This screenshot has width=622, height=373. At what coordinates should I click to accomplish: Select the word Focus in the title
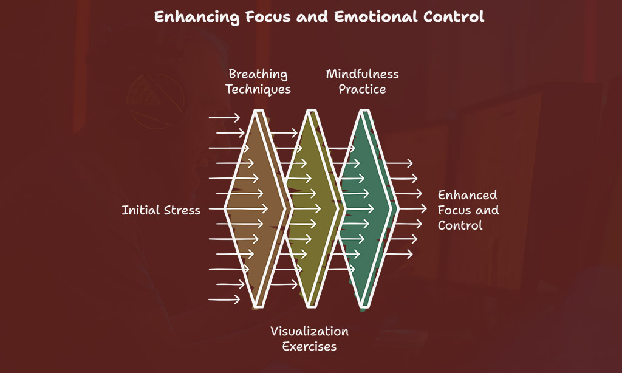tap(268, 16)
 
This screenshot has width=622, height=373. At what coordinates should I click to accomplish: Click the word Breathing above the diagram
tap(258, 75)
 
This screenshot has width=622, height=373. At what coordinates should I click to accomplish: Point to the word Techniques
tap(258, 90)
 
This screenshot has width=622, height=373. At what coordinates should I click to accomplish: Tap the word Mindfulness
tap(362, 74)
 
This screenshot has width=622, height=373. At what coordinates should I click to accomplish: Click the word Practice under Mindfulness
tap(362, 89)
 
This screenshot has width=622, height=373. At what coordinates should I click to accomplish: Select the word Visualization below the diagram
tap(309, 331)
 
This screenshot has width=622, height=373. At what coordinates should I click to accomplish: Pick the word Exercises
tap(309, 346)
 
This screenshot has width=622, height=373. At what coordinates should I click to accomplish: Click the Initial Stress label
tap(161, 210)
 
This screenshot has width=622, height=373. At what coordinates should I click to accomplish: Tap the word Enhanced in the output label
tap(467, 195)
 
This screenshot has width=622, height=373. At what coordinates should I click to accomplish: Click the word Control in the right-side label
tap(460, 225)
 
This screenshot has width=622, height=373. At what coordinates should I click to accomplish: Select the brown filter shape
tap(255, 208)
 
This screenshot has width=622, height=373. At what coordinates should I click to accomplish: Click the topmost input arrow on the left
tap(224, 117)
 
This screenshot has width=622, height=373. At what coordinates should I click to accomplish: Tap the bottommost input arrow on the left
tap(224, 299)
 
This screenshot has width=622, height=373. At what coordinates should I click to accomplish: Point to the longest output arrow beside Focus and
tap(412, 208)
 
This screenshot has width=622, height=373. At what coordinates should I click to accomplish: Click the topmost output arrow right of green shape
tap(399, 163)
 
